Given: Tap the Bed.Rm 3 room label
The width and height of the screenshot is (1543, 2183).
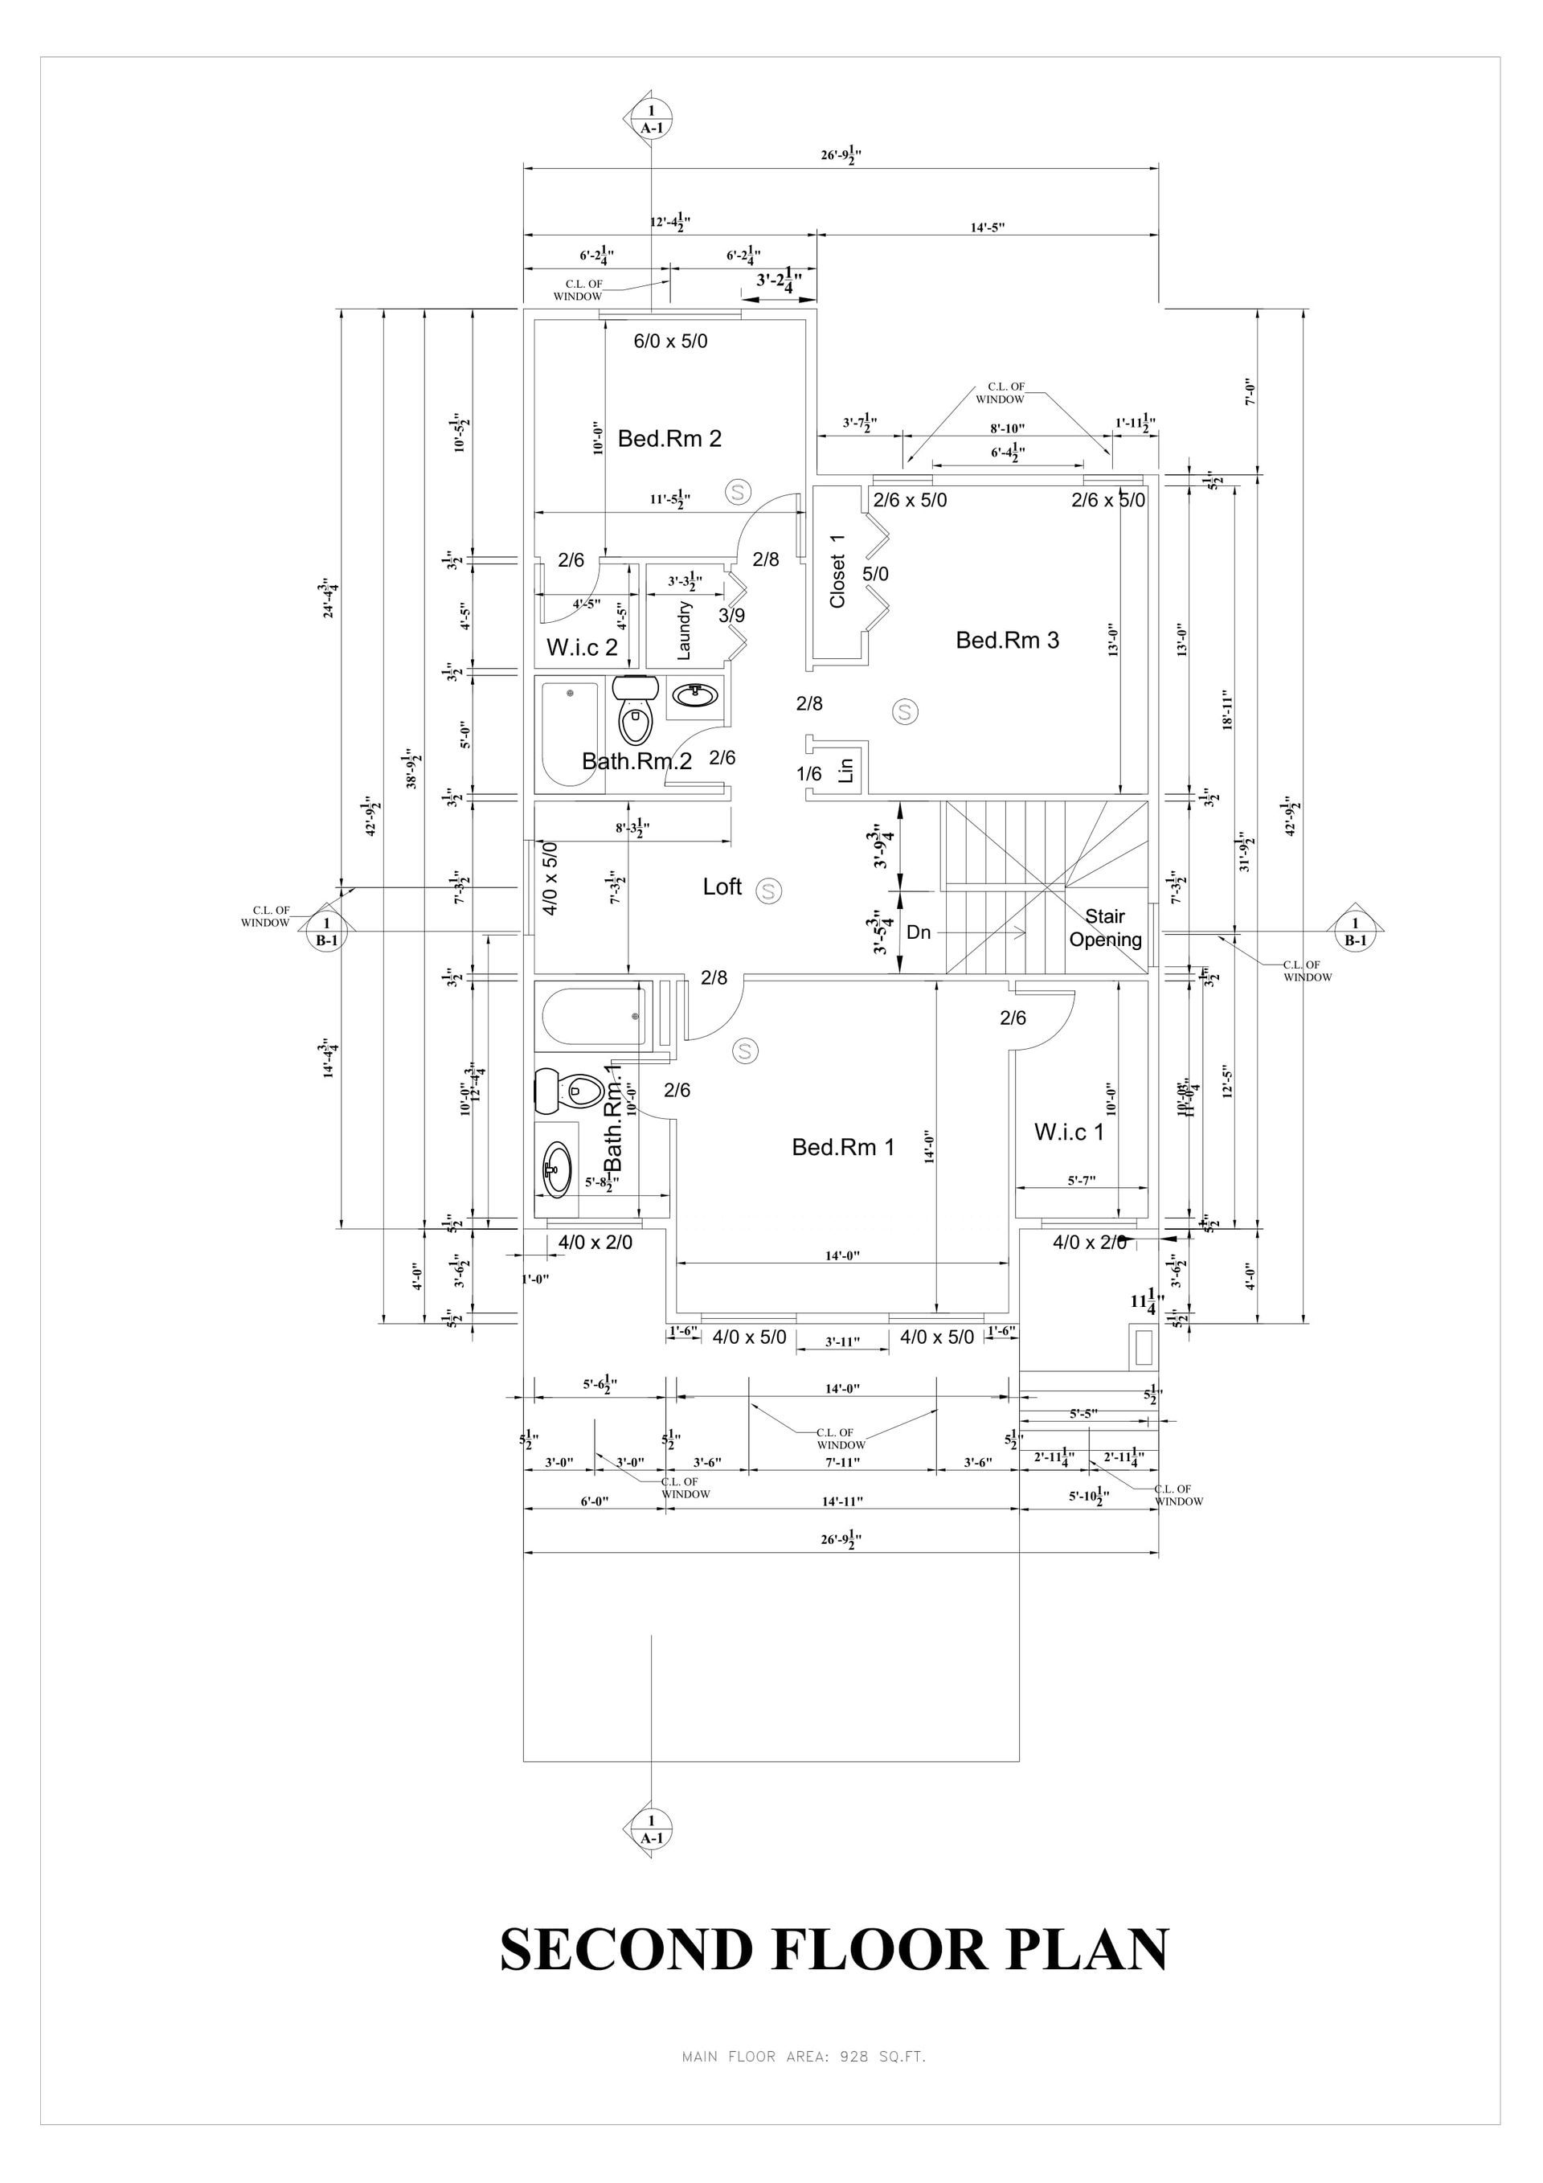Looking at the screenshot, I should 1007,640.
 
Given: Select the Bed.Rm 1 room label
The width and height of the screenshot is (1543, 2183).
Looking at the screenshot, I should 843,1148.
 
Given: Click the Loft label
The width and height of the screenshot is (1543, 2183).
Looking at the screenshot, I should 722,887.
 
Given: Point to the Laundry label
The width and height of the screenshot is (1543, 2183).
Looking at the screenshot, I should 684,630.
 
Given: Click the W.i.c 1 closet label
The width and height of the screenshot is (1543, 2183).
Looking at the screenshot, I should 1069,1132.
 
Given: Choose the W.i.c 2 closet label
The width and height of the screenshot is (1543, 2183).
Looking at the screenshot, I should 582,648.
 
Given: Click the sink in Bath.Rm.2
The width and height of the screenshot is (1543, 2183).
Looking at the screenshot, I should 696,695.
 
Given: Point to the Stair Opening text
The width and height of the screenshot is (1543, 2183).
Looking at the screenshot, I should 1105,928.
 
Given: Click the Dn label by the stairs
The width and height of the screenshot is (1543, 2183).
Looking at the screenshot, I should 919,932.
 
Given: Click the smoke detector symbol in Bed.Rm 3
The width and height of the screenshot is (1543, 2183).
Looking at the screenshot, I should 905,711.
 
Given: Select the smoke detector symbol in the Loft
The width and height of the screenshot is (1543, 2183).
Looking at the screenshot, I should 768,891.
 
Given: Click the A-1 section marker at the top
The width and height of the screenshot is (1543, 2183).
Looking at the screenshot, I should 651,119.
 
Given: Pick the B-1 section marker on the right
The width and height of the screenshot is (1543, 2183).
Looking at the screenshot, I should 1355,932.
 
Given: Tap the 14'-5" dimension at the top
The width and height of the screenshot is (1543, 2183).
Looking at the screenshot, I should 988,227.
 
